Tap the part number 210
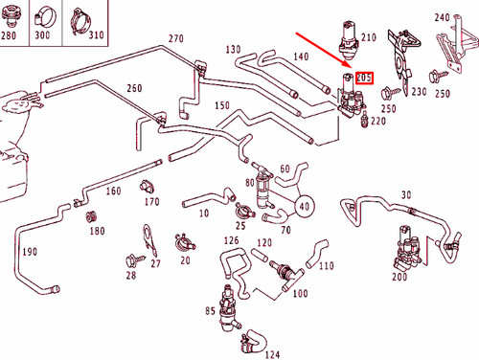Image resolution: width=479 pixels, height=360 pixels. [x=368, y=40]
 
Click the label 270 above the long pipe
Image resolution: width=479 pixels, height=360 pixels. [x=175, y=39]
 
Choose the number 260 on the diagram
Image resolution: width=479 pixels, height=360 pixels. [x=134, y=88]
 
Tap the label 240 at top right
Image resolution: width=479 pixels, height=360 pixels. [x=442, y=18]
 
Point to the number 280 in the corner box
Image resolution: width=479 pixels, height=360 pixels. [x=10, y=35]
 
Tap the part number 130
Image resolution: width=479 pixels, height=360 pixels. [x=233, y=49]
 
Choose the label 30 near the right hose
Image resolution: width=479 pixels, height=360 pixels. [x=407, y=195]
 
